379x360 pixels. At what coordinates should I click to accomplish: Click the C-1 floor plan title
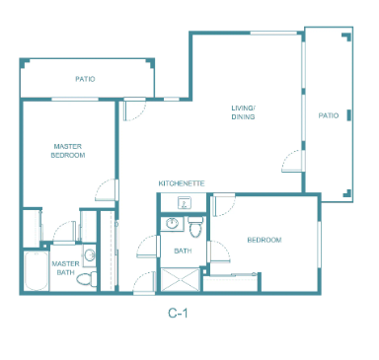click(178, 313)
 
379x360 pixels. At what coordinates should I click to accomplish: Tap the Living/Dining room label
click(243, 112)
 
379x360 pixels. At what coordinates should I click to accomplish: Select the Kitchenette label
click(182, 183)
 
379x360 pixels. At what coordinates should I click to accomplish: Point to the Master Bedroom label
click(68, 151)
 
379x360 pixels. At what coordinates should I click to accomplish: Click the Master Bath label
click(65, 268)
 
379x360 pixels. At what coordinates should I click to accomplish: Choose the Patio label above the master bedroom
click(85, 79)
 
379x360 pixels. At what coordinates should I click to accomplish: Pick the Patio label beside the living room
click(329, 115)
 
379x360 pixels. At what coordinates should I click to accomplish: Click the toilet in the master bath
click(87, 279)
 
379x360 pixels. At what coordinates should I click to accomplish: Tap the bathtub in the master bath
click(37, 271)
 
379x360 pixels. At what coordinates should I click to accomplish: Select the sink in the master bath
click(89, 254)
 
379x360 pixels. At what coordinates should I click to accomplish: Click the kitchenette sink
click(184, 203)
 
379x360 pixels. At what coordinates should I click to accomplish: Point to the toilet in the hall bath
click(195, 227)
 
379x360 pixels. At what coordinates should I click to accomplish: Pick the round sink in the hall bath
click(172, 223)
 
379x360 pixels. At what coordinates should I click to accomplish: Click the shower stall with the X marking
click(180, 280)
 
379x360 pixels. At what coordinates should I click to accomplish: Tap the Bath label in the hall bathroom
click(183, 251)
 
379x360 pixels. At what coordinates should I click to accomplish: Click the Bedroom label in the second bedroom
click(265, 240)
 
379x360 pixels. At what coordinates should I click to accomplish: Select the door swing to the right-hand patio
click(291, 161)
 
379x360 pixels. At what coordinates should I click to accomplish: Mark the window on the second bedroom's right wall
click(319, 245)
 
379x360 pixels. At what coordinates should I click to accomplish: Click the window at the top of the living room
click(273, 33)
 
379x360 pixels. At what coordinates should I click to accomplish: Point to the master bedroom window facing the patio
click(75, 99)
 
